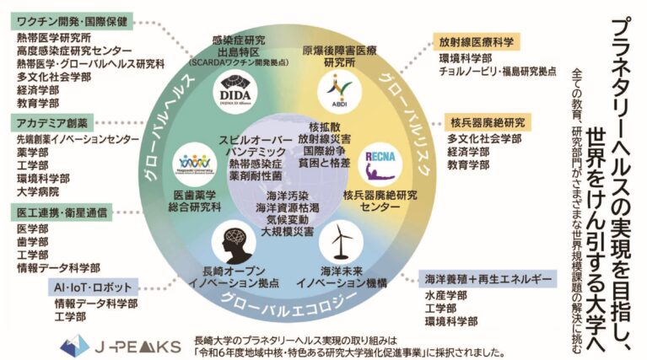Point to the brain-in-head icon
230,242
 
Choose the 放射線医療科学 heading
476,40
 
